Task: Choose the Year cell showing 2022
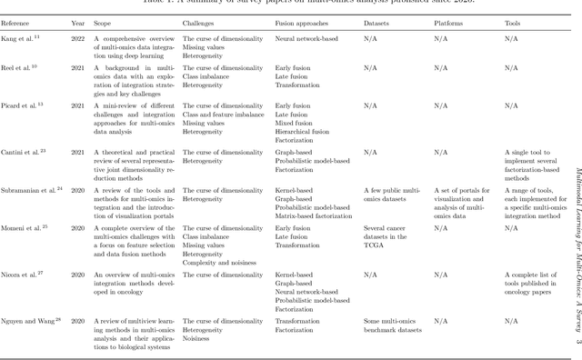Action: coord(78,39)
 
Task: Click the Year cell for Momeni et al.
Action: coord(78,227)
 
